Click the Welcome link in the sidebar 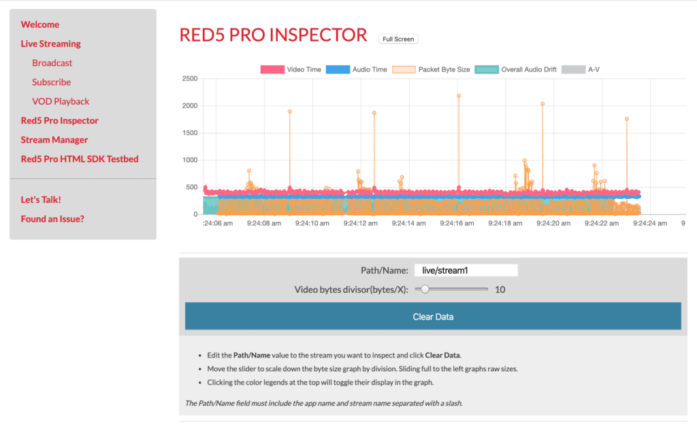(x=40, y=25)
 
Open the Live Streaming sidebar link (x=50, y=44)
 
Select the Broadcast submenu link (x=52, y=63)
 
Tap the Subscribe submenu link (x=51, y=82)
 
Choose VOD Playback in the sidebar (x=61, y=101)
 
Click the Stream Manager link (x=54, y=140)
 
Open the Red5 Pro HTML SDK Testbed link (x=80, y=159)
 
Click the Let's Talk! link (x=41, y=200)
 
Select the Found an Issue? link (x=52, y=219)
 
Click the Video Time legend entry (x=292, y=69)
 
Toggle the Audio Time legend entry (x=357, y=69)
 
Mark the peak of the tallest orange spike (x=459, y=96)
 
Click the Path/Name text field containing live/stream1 (x=466, y=270)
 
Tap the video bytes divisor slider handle (x=425, y=289)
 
